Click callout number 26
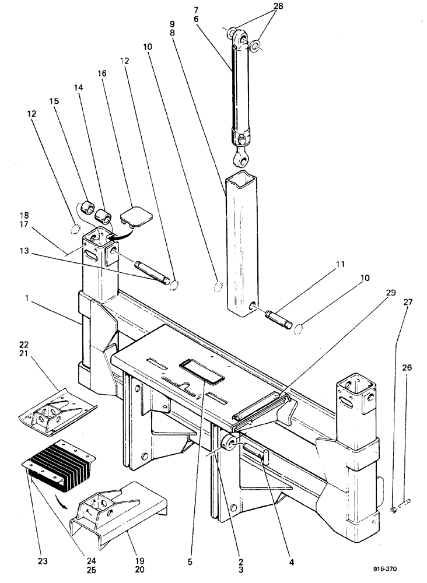(406, 368)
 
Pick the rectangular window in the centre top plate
(202, 371)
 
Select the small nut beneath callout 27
(395, 510)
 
